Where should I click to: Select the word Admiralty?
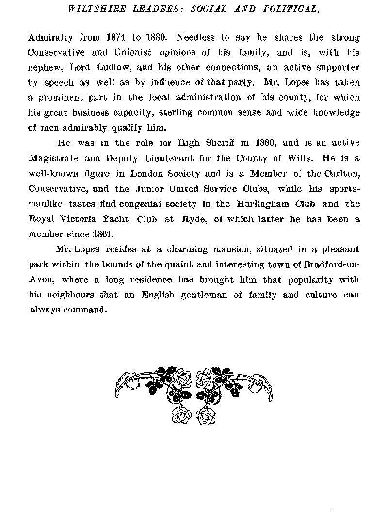tap(48, 37)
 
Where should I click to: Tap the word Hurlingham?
tap(271, 203)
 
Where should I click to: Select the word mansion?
tap(214, 249)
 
